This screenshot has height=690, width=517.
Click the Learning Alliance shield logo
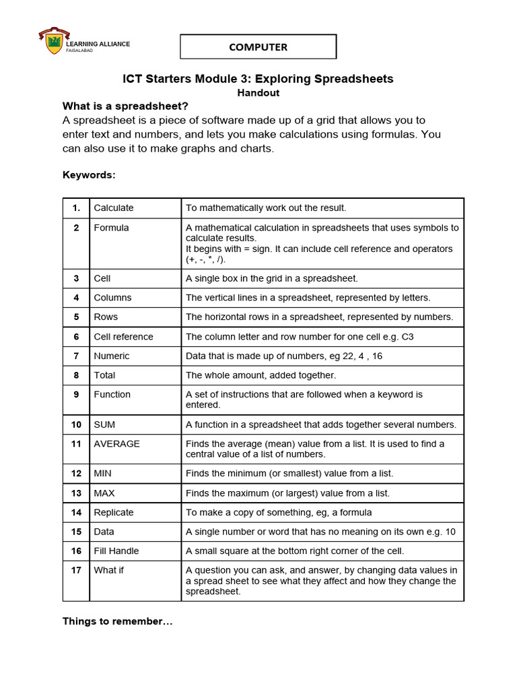[53, 42]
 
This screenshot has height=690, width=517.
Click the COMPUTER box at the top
[258, 47]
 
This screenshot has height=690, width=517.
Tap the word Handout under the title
[258, 93]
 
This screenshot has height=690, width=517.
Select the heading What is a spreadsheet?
[125, 106]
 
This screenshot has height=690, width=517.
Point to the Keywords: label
[89, 175]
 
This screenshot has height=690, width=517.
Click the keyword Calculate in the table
[114, 208]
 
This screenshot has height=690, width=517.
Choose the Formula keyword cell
[111, 228]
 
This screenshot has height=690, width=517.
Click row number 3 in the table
[77, 278]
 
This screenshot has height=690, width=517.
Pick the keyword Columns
[112, 298]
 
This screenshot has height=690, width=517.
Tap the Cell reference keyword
[123, 337]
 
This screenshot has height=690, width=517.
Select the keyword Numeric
[112, 356]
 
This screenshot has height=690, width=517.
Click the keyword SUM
[104, 425]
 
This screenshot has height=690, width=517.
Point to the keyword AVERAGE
[116, 444]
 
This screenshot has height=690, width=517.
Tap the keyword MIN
[102, 474]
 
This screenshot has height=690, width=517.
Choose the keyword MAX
[104, 493]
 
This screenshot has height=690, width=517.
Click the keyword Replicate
[114, 513]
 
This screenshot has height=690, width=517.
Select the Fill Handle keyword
[116, 551]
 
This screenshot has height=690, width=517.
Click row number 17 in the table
[77, 570]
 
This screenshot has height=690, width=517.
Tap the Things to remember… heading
[118, 621]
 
